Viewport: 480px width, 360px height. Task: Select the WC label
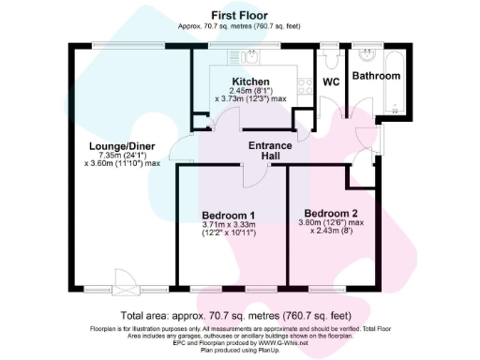coord(330,82)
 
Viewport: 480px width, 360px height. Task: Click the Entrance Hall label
coord(271,151)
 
